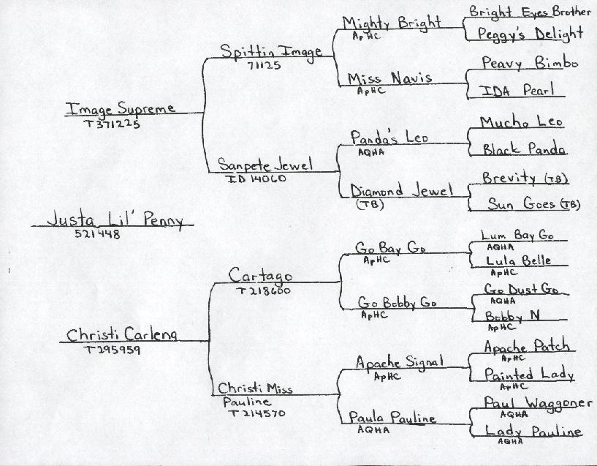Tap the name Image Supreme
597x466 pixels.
121,108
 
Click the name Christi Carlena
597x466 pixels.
122,335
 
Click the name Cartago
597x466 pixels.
260,276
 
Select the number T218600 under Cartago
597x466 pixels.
263,290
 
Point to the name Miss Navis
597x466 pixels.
389,78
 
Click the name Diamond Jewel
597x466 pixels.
400,191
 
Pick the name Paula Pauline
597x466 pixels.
392,418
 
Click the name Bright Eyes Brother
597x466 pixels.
530,12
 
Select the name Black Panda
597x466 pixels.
524,149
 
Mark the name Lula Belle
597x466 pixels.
517,260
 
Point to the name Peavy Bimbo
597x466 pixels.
529,64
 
